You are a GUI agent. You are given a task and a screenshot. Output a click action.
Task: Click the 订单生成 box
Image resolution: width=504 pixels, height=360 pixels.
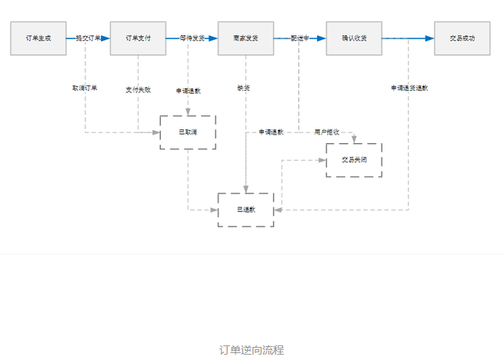38,38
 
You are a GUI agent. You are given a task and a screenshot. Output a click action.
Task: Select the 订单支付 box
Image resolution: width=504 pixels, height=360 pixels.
138,38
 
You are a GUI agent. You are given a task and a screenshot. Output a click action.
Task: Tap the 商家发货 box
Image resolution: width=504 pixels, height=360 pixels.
245,38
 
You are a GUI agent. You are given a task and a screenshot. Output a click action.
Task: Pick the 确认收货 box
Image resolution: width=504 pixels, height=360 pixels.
353,38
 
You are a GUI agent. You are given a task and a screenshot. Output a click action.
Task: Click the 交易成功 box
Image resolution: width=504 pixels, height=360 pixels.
462,38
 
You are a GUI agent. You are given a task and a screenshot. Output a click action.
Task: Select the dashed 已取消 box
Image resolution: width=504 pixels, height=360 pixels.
188,132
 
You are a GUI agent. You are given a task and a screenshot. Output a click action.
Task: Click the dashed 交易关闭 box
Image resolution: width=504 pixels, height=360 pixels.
353,160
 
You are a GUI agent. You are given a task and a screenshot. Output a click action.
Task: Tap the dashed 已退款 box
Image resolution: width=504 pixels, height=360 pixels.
245,209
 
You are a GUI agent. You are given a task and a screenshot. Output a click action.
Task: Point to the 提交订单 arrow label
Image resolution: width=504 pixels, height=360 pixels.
88,38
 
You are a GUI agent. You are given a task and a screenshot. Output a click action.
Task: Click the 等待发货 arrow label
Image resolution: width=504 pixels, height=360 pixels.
192,38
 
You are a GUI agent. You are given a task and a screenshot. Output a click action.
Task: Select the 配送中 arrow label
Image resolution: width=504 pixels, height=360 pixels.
299,38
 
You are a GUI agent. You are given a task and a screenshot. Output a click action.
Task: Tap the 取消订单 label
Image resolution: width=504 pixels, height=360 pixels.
85,88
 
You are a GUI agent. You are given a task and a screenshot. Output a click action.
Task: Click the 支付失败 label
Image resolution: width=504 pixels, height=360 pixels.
138,89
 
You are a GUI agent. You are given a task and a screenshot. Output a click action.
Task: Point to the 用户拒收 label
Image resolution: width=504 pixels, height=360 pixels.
327,132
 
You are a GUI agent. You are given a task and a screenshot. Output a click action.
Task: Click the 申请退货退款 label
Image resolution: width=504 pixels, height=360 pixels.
409,88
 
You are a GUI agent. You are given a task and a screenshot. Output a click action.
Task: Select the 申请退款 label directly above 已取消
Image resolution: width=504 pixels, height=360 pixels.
188,91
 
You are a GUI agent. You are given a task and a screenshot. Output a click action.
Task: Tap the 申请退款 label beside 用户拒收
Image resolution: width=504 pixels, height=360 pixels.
271,132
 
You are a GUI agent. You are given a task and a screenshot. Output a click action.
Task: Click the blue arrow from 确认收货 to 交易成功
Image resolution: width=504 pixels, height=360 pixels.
408,38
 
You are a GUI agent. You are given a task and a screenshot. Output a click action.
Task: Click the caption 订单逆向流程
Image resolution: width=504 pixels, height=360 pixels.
252,350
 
